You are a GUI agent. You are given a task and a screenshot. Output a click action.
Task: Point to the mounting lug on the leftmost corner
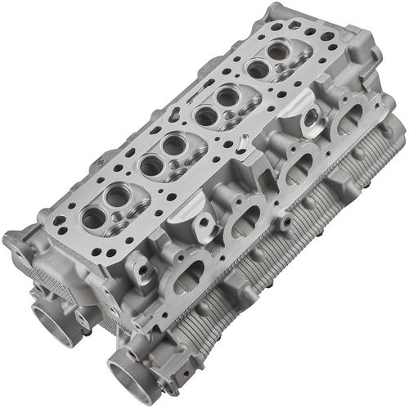click(x=16, y=241)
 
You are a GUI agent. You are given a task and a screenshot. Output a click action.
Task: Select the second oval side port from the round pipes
click(x=245, y=220)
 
